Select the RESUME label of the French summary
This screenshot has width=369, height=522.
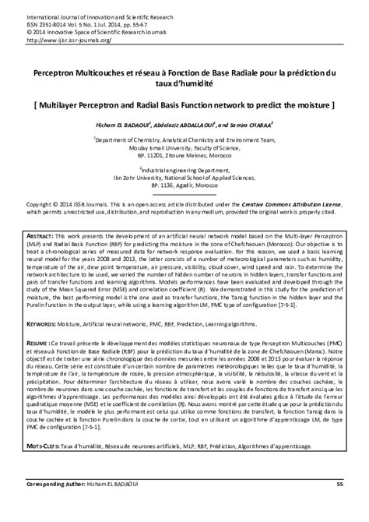33,341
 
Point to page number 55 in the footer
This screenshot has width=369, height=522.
339,506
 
